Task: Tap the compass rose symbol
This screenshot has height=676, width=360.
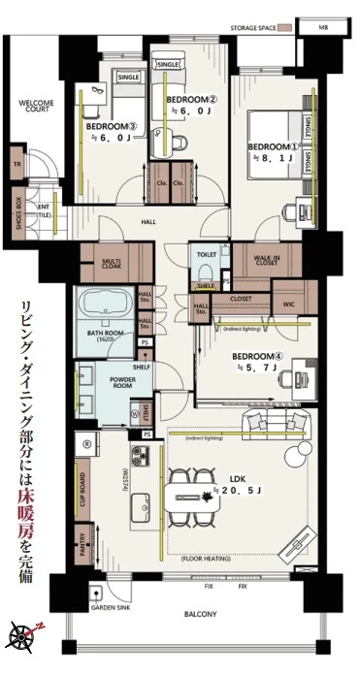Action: tap(22, 636)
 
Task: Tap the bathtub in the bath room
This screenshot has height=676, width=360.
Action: tap(103, 306)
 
